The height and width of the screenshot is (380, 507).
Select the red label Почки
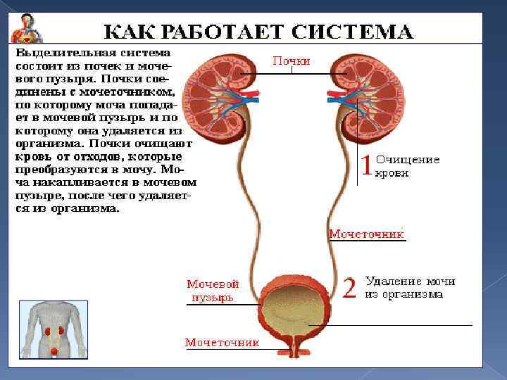coord(292,61)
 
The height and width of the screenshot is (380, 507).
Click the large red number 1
coord(366,166)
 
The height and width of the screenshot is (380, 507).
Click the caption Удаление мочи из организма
coord(409,288)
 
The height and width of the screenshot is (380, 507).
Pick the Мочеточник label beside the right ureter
coord(366,234)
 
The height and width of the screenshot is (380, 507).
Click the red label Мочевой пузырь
coord(213,291)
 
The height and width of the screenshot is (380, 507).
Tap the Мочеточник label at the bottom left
coord(222,343)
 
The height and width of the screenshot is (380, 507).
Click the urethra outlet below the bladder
coord(294,350)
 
